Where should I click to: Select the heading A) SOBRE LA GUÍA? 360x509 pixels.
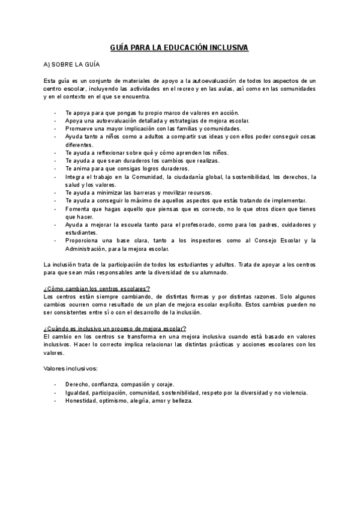point(71,64)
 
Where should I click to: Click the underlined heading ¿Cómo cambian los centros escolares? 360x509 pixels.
point(97,288)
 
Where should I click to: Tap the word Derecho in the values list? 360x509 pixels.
point(78,384)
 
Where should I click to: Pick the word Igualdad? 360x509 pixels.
point(79,393)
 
